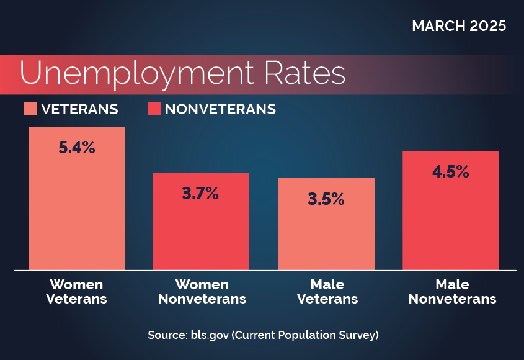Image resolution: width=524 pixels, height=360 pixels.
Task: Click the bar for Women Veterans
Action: coord(77,205)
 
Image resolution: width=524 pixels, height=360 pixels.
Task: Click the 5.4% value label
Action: coord(77,148)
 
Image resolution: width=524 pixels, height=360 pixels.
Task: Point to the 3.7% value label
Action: coord(200,194)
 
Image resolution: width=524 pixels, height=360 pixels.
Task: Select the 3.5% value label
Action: coord(326,199)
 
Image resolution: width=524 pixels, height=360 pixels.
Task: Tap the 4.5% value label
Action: coord(450,172)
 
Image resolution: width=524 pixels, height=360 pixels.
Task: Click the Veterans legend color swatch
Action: coord(30,109)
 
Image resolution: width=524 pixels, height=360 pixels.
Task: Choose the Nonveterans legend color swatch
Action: coord(154,109)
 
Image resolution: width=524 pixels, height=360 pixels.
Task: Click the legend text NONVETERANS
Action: coord(220,109)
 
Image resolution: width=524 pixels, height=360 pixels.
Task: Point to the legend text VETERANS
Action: coord(79,109)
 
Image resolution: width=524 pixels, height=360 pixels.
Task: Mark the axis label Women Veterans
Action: coord(78,292)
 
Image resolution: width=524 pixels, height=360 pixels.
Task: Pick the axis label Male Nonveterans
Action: coord(451,292)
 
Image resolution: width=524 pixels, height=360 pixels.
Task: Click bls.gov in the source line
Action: coord(204,335)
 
